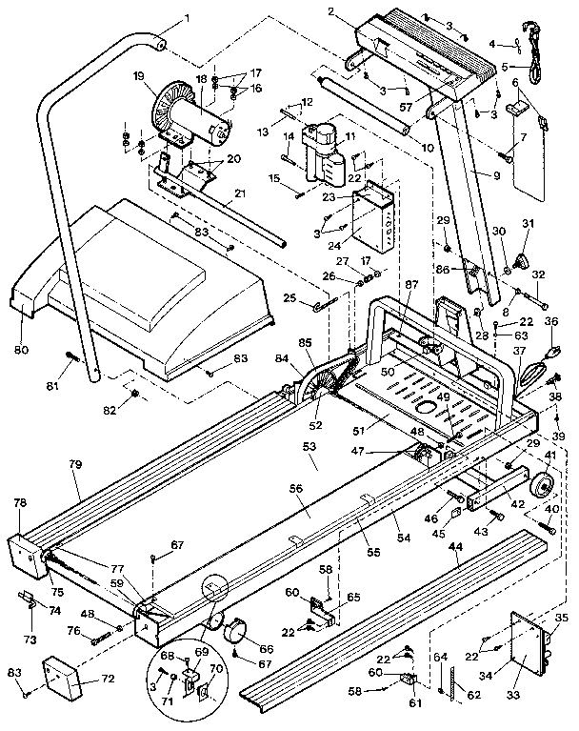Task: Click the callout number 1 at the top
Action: (187, 17)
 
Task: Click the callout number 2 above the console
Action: (331, 12)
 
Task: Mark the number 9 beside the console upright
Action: (495, 175)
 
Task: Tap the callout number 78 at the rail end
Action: (19, 503)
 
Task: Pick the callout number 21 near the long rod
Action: (240, 193)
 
